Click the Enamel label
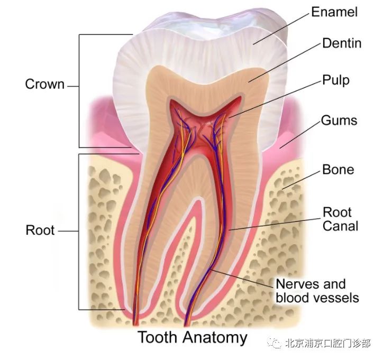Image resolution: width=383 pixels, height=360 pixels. click(x=334, y=12)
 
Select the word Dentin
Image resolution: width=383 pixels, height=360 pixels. click(x=342, y=43)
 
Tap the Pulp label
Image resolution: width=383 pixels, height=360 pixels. click(x=336, y=80)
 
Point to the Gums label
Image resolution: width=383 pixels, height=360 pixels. click(x=339, y=121)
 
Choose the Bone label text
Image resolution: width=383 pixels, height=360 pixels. click(x=338, y=169)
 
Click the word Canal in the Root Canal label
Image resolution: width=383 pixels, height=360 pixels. click(x=340, y=226)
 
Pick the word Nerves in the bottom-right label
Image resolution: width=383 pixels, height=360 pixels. click(x=295, y=284)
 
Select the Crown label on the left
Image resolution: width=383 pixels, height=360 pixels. click(x=44, y=84)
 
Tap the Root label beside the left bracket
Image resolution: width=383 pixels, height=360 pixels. click(x=40, y=230)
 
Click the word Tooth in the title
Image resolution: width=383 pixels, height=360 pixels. click(x=157, y=337)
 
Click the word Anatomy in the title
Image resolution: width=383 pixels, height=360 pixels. click(x=215, y=338)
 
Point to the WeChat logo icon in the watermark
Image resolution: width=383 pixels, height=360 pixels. click(x=275, y=343)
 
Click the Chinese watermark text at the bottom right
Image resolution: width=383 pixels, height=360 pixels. click(x=327, y=343)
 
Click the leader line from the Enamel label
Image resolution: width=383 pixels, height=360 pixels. click(x=281, y=29)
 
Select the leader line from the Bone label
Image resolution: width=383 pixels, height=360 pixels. click(x=301, y=180)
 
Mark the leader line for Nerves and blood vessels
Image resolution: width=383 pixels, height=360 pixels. click(x=242, y=279)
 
